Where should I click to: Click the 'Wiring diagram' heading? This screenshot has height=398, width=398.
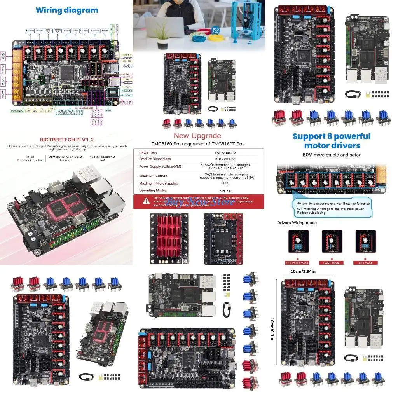pyautogui.click(x=67, y=10)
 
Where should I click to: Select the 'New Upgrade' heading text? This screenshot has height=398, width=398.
pyautogui.click(x=197, y=136)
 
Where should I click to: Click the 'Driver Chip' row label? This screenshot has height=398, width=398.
pyautogui.click(x=148, y=153)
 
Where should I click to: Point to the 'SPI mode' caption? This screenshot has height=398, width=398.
pyautogui.click(x=365, y=263)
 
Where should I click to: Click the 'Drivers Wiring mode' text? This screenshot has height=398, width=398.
pyautogui.click(x=297, y=223)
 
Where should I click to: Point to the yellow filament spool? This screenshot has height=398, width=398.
pyautogui.click(x=216, y=38)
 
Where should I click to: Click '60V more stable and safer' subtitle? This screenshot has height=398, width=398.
pyautogui.click(x=331, y=155)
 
